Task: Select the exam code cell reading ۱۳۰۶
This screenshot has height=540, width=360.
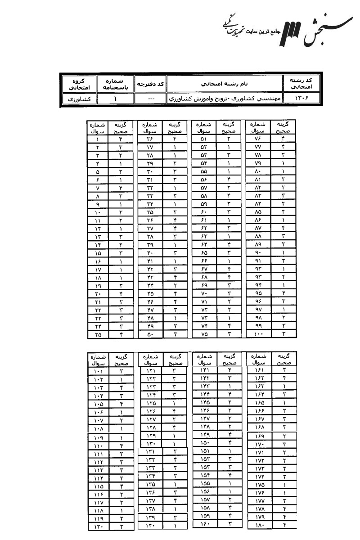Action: [301, 98]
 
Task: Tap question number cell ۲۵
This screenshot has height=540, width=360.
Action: [98, 334]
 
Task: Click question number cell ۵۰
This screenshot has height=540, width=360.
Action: [150, 334]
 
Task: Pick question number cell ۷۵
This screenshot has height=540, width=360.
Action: [203, 334]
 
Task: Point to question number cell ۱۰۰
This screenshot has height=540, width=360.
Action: [258, 334]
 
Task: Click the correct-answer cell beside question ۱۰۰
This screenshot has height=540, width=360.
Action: [284, 334]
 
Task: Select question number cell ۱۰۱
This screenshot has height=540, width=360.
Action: [98, 372]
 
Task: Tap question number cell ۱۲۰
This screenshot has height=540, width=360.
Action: [98, 526]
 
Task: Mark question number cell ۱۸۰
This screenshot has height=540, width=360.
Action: [258, 525]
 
